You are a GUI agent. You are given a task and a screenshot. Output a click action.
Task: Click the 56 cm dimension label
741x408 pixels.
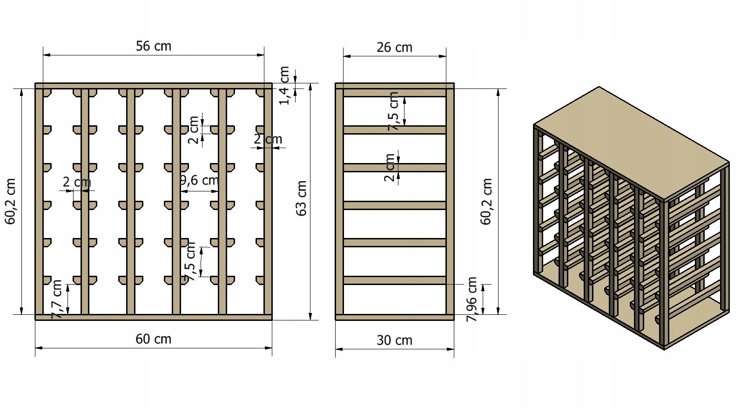(154, 46)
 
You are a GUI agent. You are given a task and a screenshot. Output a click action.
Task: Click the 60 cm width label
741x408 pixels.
(154, 339)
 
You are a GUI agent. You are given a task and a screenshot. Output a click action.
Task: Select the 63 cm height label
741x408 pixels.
(301, 198)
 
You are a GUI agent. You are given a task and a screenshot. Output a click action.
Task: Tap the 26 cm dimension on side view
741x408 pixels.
(394, 48)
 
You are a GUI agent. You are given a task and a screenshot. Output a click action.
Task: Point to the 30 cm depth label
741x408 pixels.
(394, 340)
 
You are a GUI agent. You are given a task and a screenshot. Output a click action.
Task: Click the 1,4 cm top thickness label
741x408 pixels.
(284, 85)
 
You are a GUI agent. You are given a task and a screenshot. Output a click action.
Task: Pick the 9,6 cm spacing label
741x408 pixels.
(200, 180)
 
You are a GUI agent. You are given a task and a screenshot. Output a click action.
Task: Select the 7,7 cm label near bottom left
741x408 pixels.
(57, 299)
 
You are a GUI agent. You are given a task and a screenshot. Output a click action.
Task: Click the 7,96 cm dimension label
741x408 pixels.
(472, 299)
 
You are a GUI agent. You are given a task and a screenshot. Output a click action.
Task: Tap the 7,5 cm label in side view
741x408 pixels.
(393, 111)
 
